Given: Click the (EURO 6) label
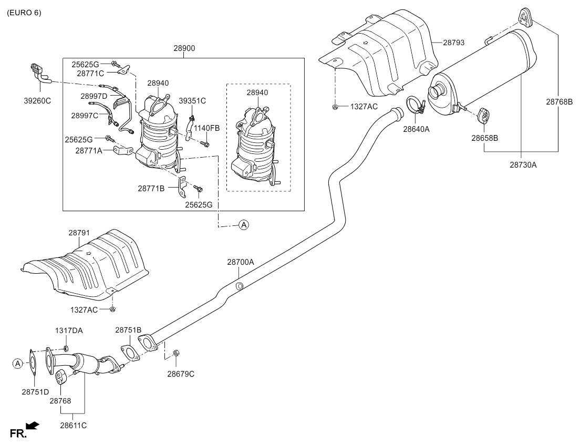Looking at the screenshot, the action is coord(24,13).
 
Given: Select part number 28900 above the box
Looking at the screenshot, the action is coord(184,48).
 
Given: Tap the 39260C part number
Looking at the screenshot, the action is coord(37,101).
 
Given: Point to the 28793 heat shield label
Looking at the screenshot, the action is coord(454,43).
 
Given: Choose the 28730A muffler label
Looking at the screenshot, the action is coord(523,165).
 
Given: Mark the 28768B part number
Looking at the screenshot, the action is coord(560,101).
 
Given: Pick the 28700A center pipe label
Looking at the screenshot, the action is coord(241,262).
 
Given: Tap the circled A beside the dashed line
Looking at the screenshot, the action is coord(244,224).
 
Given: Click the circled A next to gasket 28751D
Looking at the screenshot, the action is coord(17,364).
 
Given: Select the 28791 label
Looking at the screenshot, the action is coord(79,233).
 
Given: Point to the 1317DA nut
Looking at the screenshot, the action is coord(66,348).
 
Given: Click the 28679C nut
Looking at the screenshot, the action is coord(177,353).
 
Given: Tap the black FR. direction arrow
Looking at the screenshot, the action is coord(33,426).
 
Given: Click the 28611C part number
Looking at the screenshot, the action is coord(73,426).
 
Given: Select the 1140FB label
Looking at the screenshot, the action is coord(207,128).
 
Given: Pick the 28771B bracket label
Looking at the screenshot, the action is coord(151,188).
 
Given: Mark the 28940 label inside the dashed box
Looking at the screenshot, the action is coord(257,92).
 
